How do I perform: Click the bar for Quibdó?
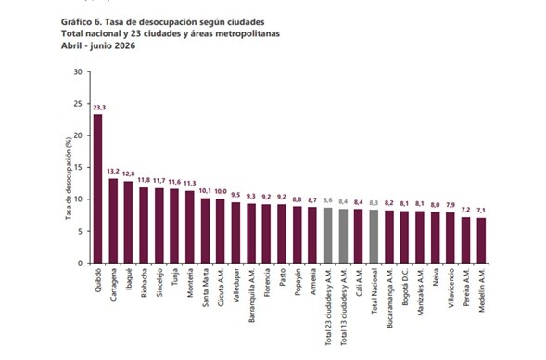(98, 188)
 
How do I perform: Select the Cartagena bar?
(113, 221)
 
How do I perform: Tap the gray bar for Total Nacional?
(374, 237)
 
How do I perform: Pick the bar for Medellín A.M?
(481, 240)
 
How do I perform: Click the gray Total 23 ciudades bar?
(327, 236)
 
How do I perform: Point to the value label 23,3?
(99, 108)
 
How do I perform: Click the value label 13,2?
(113, 172)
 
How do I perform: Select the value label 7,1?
(481, 211)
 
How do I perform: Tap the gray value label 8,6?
(327, 200)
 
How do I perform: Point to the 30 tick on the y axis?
(78, 71)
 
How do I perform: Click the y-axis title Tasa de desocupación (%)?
(69, 178)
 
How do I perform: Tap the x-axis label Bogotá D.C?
(404, 287)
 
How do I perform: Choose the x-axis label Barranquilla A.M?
(252, 295)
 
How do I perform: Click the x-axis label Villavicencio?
(451, 288)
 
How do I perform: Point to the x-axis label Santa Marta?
(206, 288)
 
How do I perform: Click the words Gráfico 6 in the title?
(82, 22)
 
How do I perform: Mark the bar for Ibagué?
(128, 223)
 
